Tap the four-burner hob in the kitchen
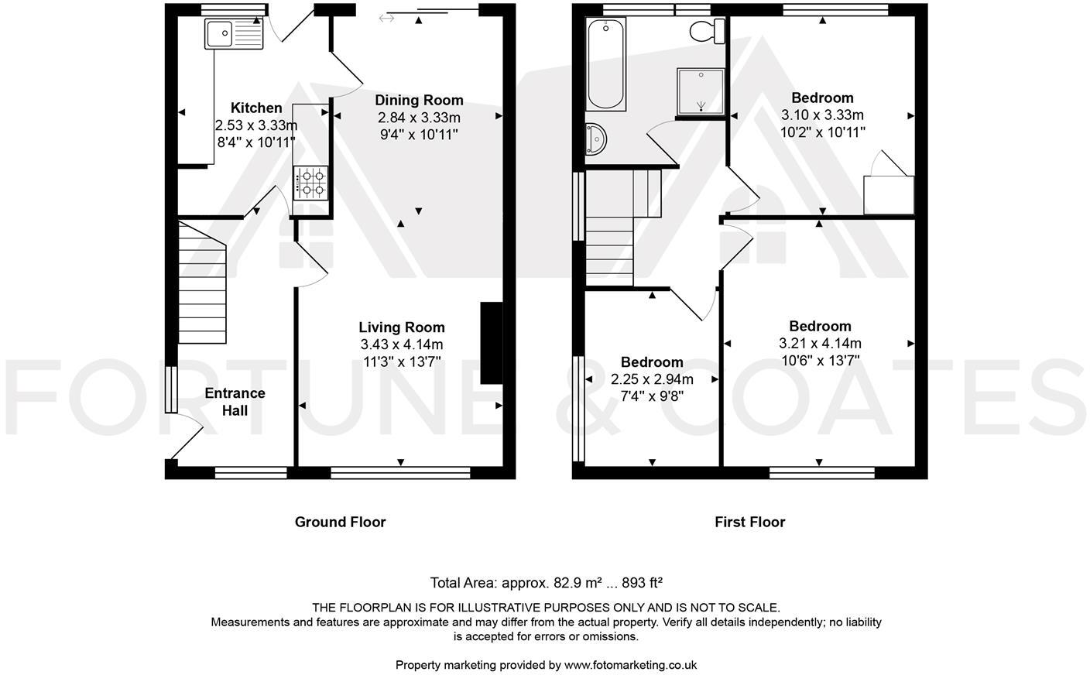pos(310,183)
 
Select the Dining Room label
pos(419,100)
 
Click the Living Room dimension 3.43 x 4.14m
pos(401,344)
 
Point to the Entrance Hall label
pos(235,402)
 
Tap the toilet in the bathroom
pos(708,31)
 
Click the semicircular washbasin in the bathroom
pos(596,139)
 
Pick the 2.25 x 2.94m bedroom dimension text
pos(652,379)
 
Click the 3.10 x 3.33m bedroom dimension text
pos(822,115)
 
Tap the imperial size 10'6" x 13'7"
pos(820,360)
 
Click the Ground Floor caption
pos(340,522)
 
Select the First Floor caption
pos(749,522)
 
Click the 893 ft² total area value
pos(639,583)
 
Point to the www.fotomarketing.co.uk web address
pos(630,664)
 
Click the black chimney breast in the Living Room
pos(492,343)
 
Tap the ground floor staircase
pos(201,283)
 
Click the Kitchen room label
pos(256,108)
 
